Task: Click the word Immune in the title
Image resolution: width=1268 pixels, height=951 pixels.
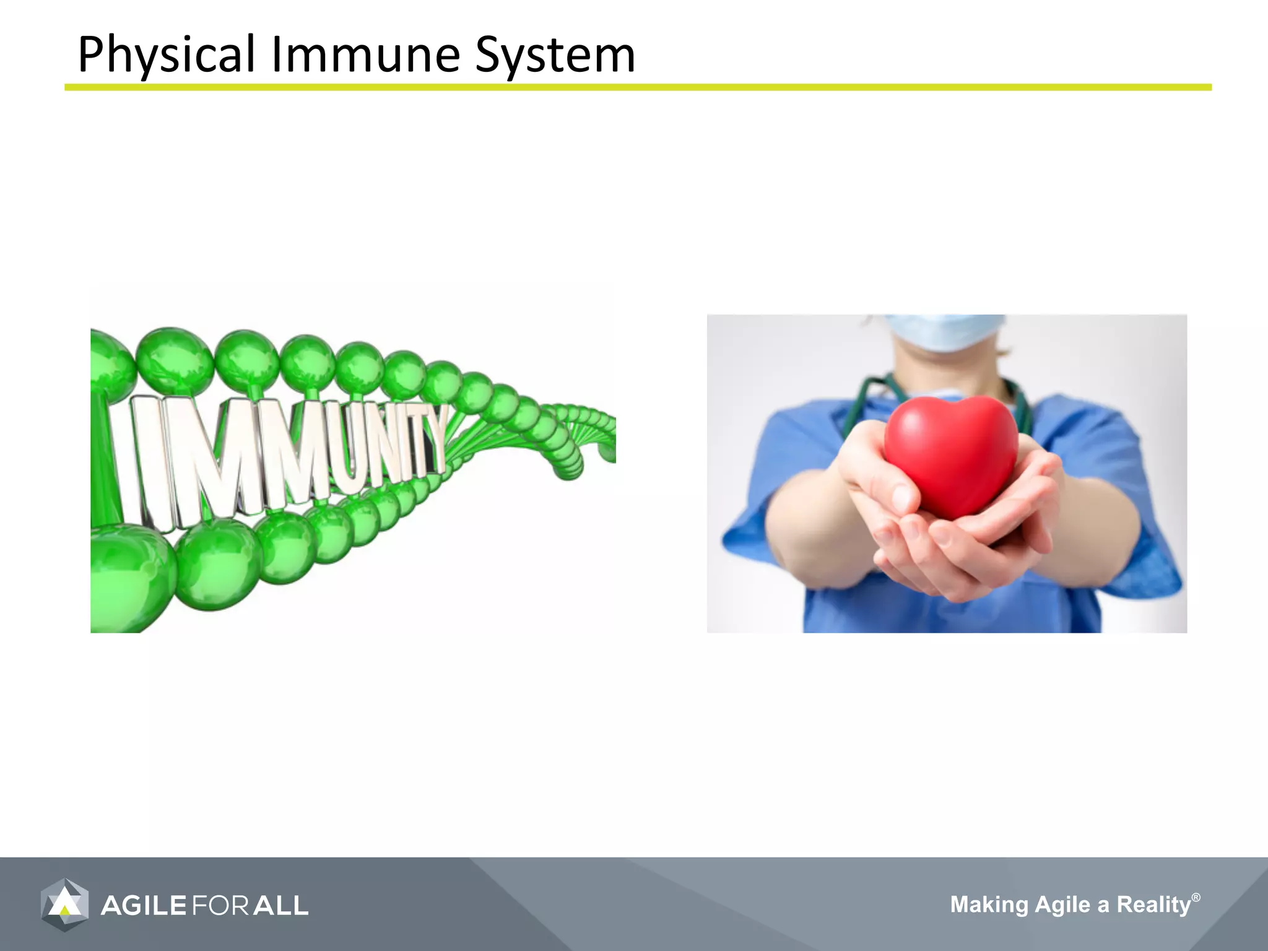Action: (x=365, y=54)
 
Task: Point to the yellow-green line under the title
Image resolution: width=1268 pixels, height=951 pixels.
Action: (x=638, y=88)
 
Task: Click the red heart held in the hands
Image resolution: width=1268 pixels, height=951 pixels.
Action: (x=950, y=455)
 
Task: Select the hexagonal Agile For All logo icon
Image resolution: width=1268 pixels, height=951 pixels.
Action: (x=64, y=905)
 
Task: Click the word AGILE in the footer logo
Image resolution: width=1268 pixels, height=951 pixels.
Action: (x=144, y=906)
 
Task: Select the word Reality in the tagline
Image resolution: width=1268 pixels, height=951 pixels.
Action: (x=1153, y=905)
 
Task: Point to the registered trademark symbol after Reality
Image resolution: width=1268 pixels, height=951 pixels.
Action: (x=1196, y=897)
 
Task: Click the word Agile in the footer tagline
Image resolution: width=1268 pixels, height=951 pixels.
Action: (x=1062, y=905)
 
